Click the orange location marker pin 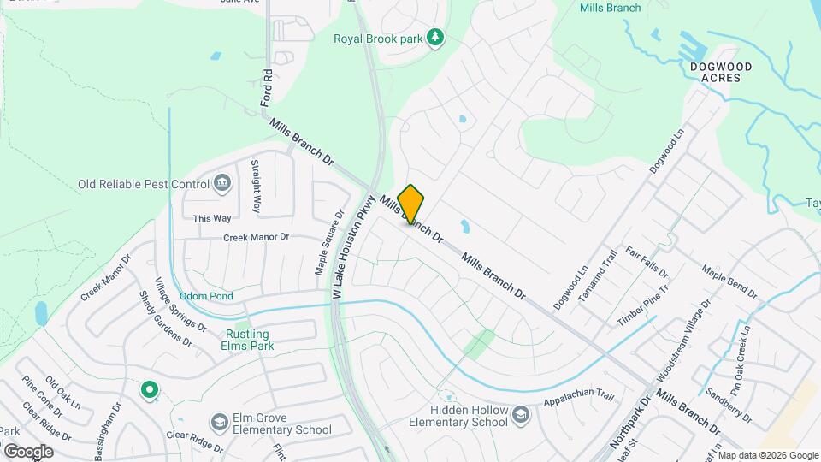(410, 204)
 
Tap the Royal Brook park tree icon (435, 37)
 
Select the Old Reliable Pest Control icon (222, 183)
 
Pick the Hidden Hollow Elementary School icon (519, 416)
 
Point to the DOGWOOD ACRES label (721, 72)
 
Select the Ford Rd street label (267, 88)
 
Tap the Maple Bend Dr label (729, 281)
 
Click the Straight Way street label (256, 186)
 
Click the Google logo (28, 451)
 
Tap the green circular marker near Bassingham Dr (150, 391)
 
